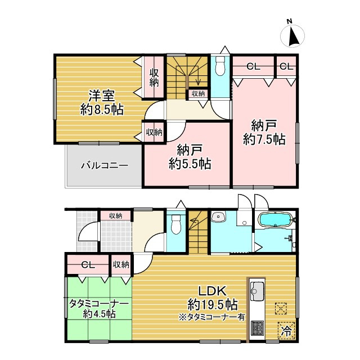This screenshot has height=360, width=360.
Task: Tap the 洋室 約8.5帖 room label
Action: [102, 101]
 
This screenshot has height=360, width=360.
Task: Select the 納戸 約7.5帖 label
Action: [264, 132]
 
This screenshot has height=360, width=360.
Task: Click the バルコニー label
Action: [104, 166]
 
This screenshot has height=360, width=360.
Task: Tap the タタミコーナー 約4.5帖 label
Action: [100, 308]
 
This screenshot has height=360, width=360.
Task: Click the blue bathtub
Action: [273, 219]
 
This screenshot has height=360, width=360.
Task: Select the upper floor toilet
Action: [220, 66]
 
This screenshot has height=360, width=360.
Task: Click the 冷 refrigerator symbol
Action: [286, 330]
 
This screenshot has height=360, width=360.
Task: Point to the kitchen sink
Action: [258, 291]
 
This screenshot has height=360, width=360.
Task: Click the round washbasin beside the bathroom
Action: [217, 217]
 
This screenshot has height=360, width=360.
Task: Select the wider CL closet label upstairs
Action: [253, 66]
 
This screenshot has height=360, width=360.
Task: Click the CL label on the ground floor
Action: [88, 264]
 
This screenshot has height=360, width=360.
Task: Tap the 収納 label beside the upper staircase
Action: [198, 94]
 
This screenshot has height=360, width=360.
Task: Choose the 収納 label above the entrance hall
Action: [116, 215]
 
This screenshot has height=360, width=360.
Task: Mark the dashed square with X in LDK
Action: [281, 308]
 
